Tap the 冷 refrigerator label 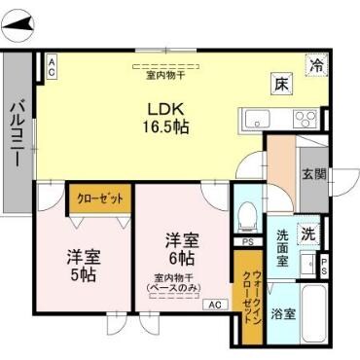pos(317,65)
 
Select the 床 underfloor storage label pos(279,85)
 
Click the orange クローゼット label pos(100,198)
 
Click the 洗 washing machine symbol pos(307,234)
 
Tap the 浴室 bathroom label pos(282,314)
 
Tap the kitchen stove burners pos(305,120)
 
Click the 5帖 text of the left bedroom pos(83,275)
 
